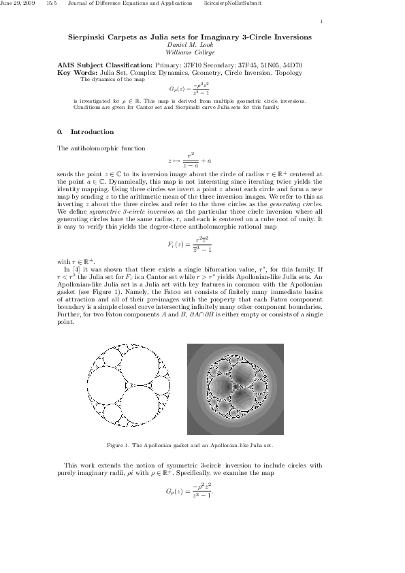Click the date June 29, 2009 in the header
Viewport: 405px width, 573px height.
(x=16, y=4)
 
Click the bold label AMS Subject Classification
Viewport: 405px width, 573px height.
(x=106, y=65)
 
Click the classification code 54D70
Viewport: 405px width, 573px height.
(x=289, y=65)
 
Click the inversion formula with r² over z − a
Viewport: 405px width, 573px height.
(x=190, y=161)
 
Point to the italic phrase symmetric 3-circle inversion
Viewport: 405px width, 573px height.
(x=122, y=211)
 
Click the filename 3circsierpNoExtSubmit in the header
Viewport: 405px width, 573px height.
(x=229, y=4)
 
